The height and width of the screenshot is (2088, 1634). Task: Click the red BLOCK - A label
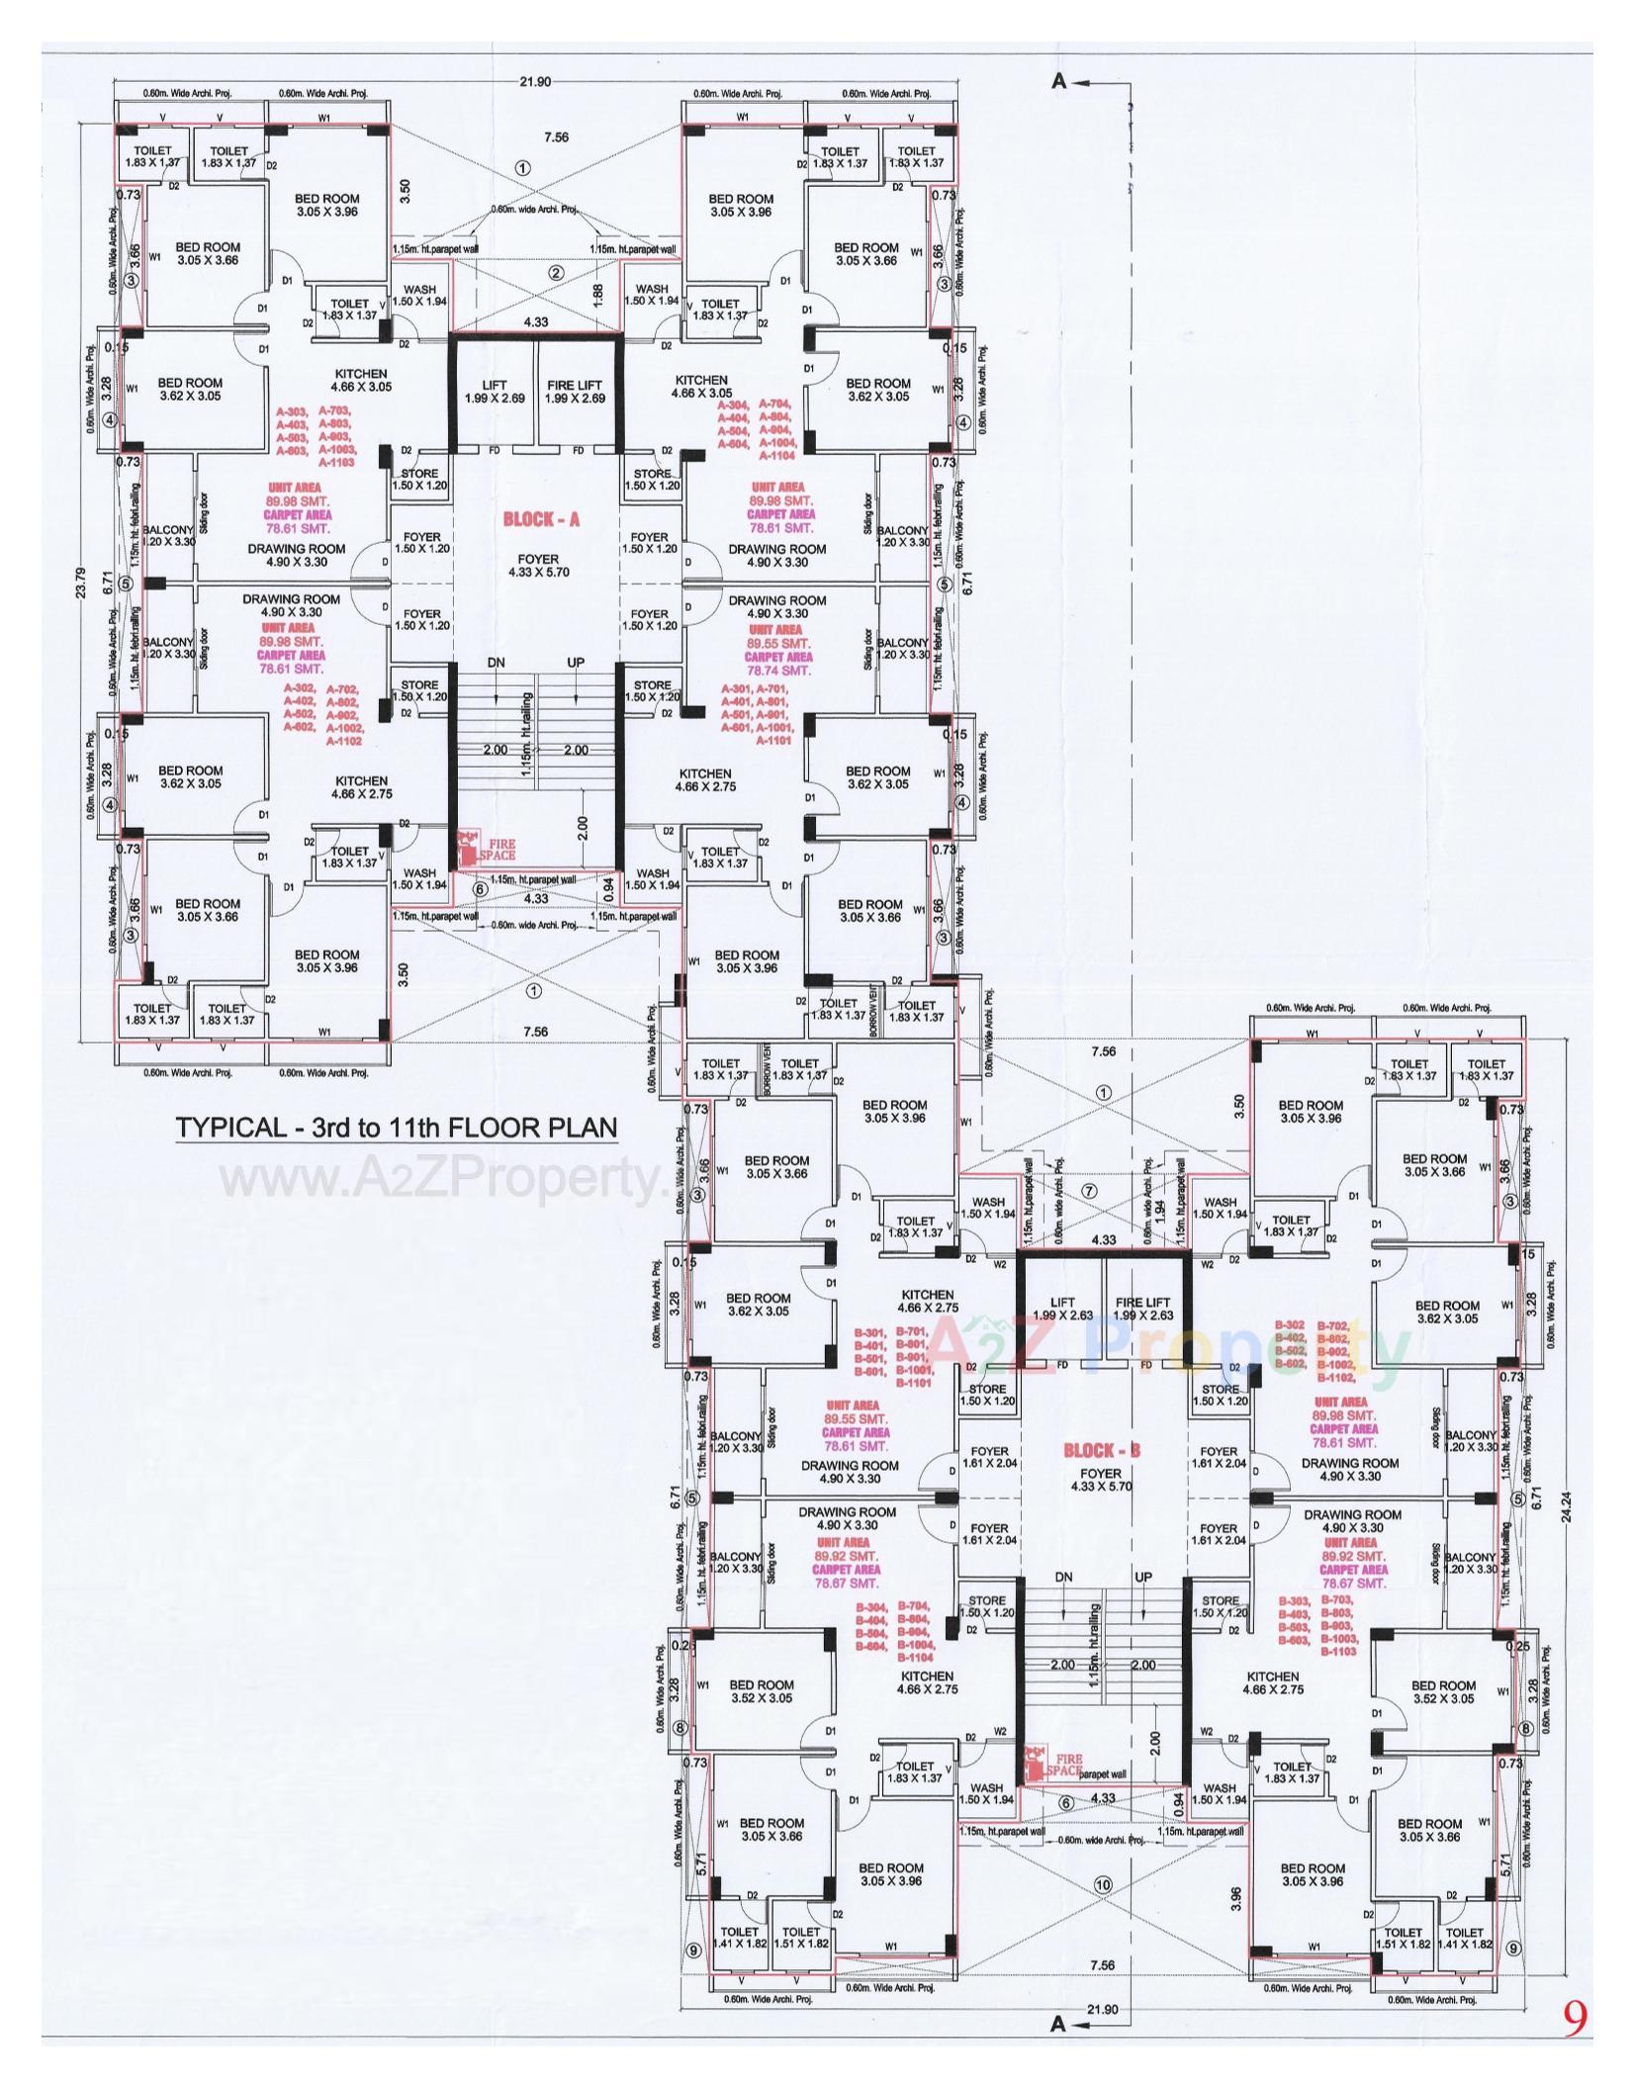pyautogui.click(x=537, y=519)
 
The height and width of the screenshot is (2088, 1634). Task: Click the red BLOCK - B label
pyautogui.click(x=1102, y=1450)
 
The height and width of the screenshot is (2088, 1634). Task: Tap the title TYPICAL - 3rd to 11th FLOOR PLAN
pyautogui.click(x=396, y=1129)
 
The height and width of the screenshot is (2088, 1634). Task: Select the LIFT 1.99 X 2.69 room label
pyautogui.click(x=494, y=392)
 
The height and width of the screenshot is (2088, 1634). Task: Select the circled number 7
pyautogui.click(x=1089, y=1192)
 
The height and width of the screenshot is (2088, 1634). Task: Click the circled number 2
pyautogui.click(x=556, y=273)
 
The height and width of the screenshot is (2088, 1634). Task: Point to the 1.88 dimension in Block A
pyautogui.click(x=597, y=294)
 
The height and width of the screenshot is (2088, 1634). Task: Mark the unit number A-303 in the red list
pyautogui.click(x=296, y=410)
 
